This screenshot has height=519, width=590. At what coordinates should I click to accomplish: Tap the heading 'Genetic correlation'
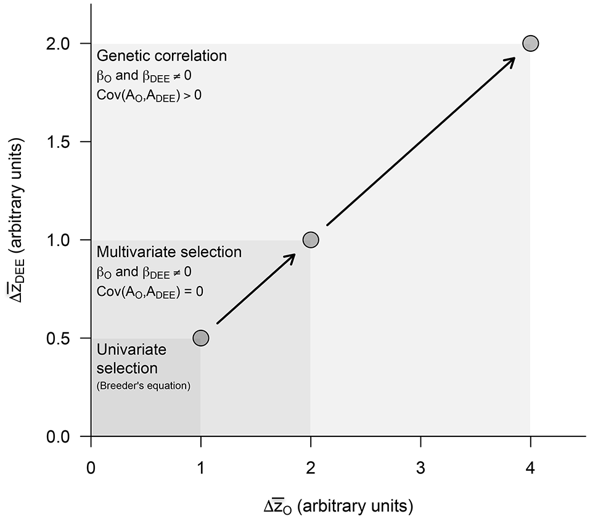(162, 56)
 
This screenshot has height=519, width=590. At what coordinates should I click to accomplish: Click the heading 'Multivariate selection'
(169, 252)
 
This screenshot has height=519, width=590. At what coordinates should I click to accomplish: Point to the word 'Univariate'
(131, 350)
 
